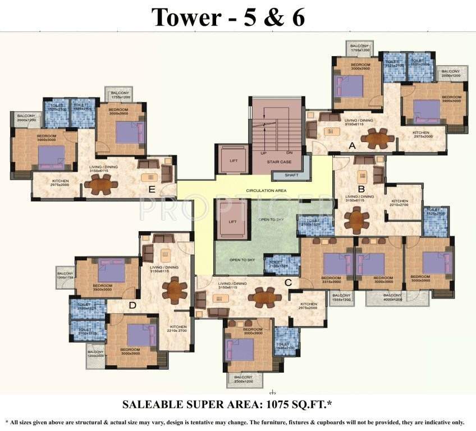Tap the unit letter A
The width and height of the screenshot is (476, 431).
tap(353, 145)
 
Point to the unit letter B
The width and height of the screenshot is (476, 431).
tap(361, 189)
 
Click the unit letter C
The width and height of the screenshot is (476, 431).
tap(288, 282)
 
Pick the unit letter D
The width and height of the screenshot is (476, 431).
tap(132, 305)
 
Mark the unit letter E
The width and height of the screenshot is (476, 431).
tap(152, 189)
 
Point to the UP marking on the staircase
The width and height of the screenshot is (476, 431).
tap(263, 152)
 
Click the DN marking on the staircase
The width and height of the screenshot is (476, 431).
tap(289, 152)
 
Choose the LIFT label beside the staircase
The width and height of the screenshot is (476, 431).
tap(234, 161)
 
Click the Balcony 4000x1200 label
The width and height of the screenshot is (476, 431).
tap(392, 297)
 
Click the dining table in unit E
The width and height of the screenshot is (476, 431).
tap(101, 183)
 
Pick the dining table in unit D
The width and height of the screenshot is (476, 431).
tap(175, 290)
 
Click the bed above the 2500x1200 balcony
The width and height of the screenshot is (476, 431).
tap(240, 350)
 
